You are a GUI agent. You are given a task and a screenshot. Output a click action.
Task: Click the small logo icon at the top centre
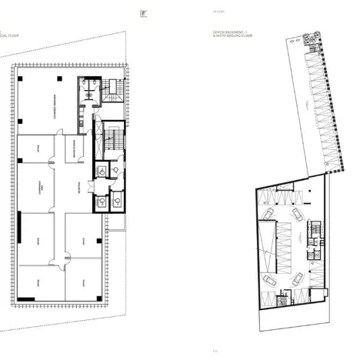tap(143, 12)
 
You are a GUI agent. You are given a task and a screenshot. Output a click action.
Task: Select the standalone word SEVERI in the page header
tap(218, 12)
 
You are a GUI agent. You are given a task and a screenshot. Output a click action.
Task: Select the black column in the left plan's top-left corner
tap(22, 79)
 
